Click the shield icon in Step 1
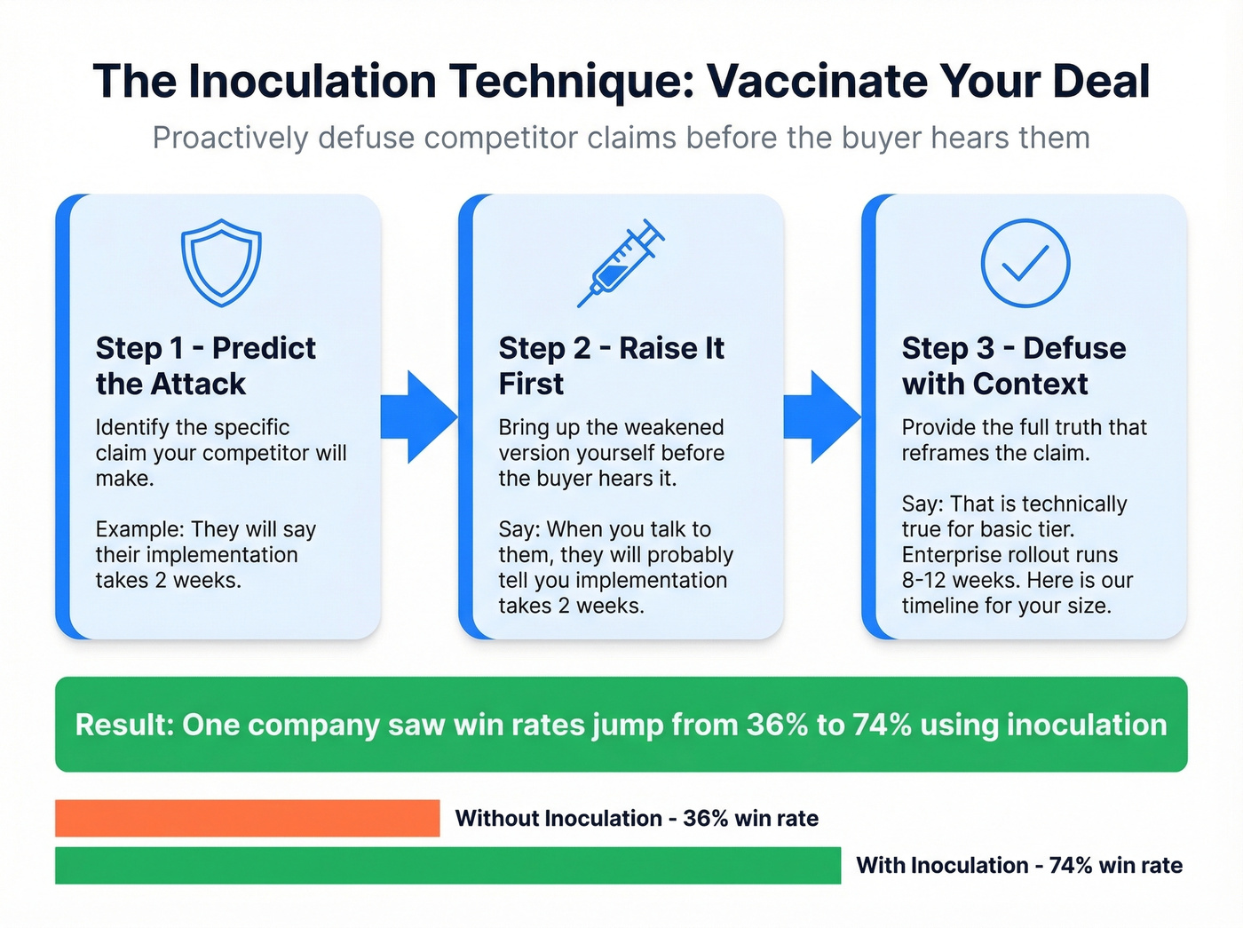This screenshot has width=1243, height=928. [x=221, y=263]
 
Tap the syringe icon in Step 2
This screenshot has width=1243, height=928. [x=620, y=264]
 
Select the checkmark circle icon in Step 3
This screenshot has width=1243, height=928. [x=1025, y=263]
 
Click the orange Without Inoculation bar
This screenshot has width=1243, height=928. [x=247, y=818]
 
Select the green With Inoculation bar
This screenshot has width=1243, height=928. [x=447, y=865]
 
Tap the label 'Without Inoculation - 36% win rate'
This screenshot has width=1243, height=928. [x=637, y=818]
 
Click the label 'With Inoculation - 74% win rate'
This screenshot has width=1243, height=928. [x=1018, y=865]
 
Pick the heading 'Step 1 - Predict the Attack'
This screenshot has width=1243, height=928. [x=205, y=366]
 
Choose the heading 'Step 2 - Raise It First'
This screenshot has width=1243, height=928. [x=611, y=366]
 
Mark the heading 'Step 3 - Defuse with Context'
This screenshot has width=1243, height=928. [x=1013, y=366]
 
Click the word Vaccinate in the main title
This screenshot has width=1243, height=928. [x=818, y=81]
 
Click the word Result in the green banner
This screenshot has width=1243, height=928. [x=123, y=725]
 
